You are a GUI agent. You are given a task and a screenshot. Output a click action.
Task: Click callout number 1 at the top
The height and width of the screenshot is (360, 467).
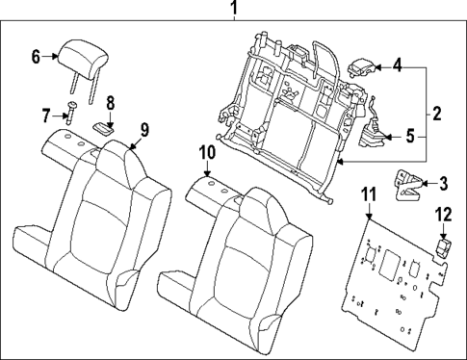232,11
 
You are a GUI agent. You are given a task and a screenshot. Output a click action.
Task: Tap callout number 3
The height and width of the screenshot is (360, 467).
443,182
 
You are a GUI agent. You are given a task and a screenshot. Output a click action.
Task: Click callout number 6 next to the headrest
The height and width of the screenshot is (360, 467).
36,57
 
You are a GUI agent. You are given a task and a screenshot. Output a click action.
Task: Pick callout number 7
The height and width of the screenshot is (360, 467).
45,115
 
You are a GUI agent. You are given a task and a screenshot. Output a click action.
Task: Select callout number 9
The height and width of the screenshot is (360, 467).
144,129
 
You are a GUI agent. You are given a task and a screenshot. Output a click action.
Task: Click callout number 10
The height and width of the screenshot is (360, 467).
207,152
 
